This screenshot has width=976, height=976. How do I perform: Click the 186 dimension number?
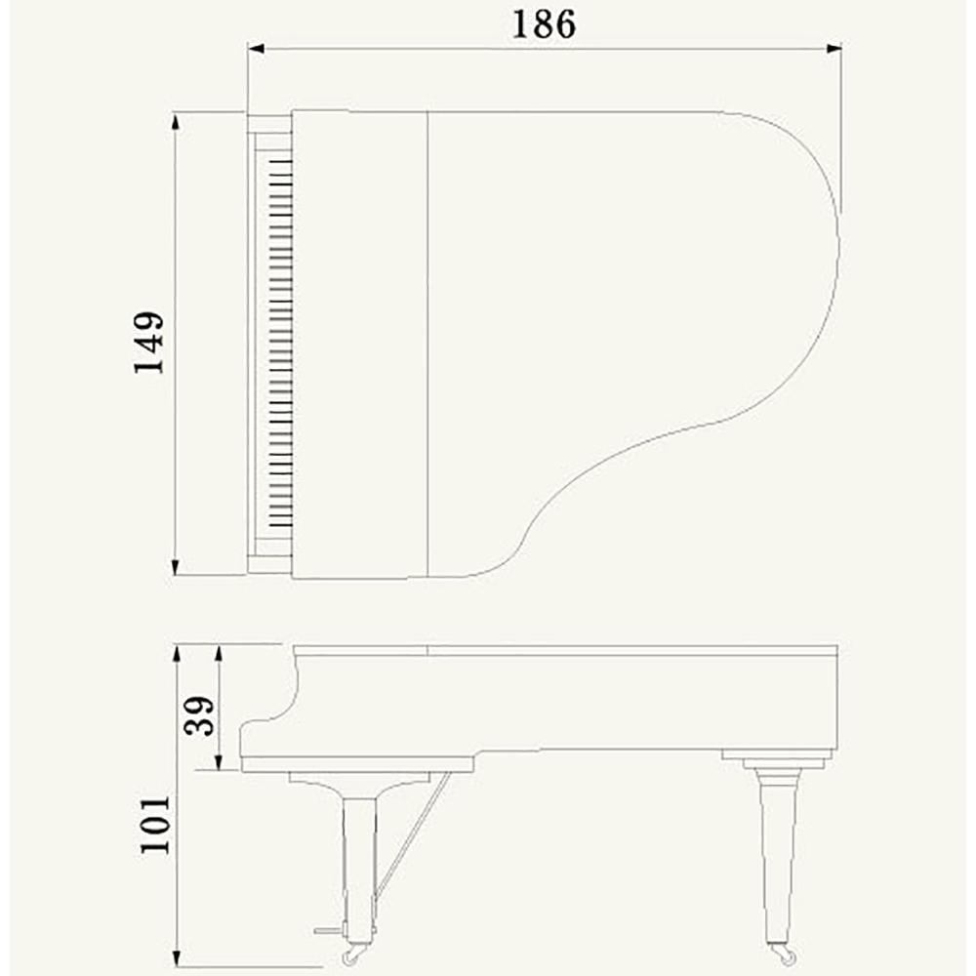coord(544,23)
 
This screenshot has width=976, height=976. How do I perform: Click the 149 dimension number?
coord(149,343)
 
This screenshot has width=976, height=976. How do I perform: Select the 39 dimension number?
coord(198,718)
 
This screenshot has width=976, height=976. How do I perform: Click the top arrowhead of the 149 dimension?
coord(176,120)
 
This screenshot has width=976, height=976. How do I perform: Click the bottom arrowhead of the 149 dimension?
coord(176,567)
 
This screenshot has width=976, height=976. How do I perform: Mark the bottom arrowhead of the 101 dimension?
coord(176,958)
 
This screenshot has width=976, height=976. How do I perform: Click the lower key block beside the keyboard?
coord(268,563)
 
